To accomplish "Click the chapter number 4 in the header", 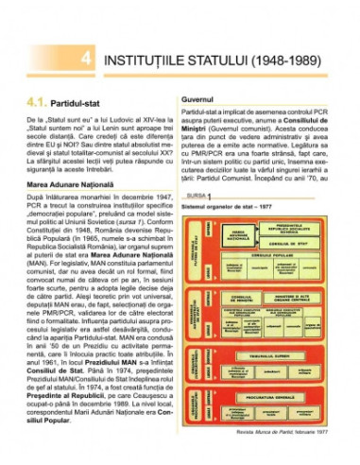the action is pos(85,59).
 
